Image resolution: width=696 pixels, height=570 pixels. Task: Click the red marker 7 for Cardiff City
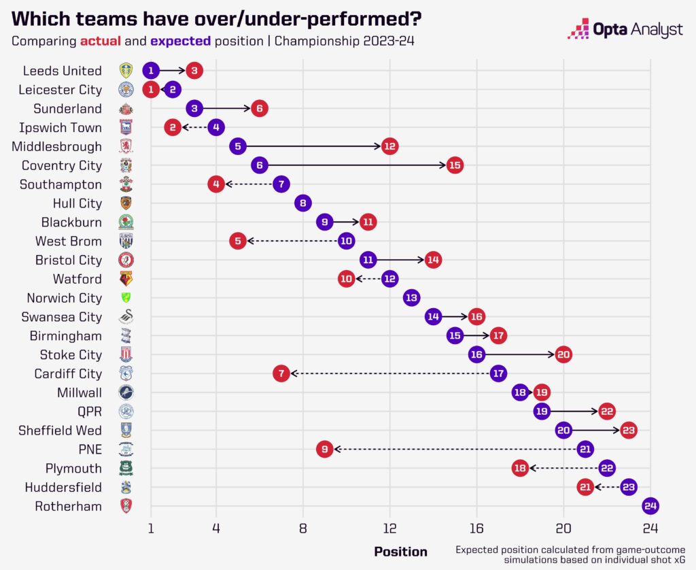click(x=281, y=373)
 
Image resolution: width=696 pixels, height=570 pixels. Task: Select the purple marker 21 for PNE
click(x=585, y=449)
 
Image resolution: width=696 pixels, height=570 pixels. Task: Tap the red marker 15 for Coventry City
click(x=455, y=165)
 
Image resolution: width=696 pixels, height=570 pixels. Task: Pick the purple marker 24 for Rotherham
click(x=650, y=506)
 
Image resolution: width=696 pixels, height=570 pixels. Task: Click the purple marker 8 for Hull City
click(x=303, y=203)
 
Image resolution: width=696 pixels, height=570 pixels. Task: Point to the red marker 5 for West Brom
click(x=238, y=241)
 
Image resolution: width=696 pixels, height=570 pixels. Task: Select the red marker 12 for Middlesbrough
click(x=389, y=146)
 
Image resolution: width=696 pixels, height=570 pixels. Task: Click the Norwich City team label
click(x=64, y=298)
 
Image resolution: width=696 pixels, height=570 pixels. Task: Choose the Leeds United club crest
click(x=126, y=70)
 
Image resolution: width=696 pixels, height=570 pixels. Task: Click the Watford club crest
click(x=126, y=279)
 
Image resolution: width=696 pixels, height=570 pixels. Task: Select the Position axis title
click(x=401, y=552)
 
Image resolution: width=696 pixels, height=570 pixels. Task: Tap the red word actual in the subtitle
click(x=101, y=41)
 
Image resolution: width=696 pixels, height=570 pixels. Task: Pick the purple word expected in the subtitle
click(x=180, y=41)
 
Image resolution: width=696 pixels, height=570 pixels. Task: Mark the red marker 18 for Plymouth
click(x=520, y=468)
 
